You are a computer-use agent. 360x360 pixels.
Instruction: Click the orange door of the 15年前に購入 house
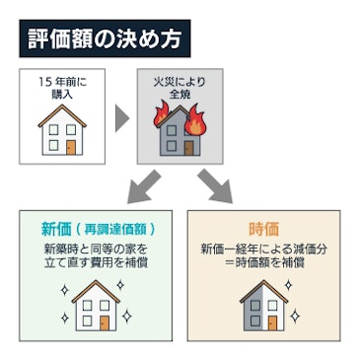70,146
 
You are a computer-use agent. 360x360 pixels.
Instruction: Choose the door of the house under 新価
105,322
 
